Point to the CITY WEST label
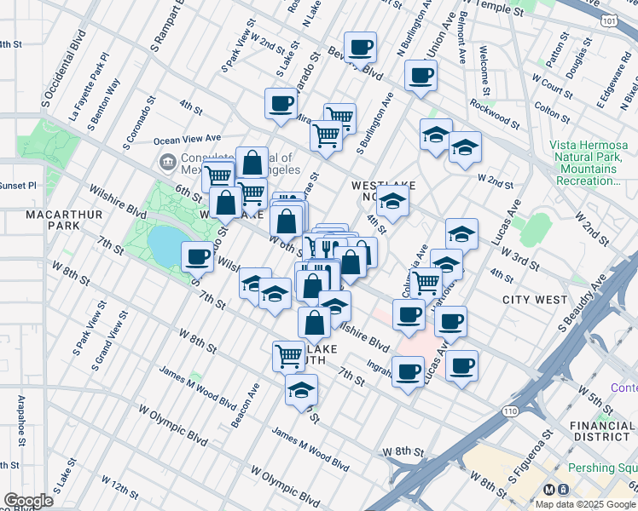click(535, 300)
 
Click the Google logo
click(28, 501)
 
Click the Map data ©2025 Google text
click(584, 503)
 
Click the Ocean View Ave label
click(187, 138)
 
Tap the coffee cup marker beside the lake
click(198, 255)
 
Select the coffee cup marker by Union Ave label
click(420, 74)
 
